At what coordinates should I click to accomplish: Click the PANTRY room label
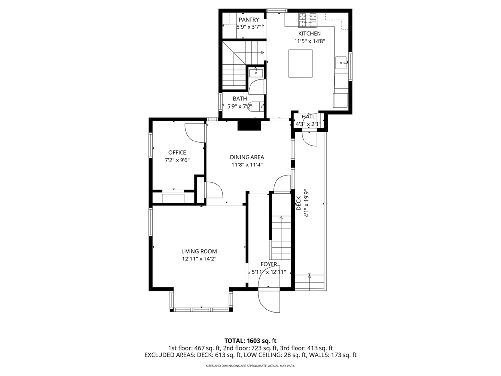click(x=249, y=20)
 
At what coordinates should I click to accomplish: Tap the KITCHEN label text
click(x=310, y=34)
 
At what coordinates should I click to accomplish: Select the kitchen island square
click(x=300, y=63)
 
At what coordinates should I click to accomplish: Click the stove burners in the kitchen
click(x=308, y=20)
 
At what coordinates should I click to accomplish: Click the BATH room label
click(x=240, y=99)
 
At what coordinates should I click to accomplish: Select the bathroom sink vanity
click(x=256, y=72)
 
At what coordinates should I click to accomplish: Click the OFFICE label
click(x=177, y=153)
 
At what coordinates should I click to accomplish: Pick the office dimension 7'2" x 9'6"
click(x=177, y=160)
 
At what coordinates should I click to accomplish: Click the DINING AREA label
click(x=247, y=157)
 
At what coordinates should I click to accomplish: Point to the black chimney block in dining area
click(x=249, y=125)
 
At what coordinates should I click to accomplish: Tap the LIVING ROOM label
click(x=200, y=251)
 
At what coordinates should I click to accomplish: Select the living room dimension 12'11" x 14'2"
click(x=200, y=259)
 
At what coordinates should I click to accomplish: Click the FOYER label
click(x=269, y=264)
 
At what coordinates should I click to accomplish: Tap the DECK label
click(x=299, y=203)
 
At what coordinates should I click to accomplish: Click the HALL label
click(x=308, y=117)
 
